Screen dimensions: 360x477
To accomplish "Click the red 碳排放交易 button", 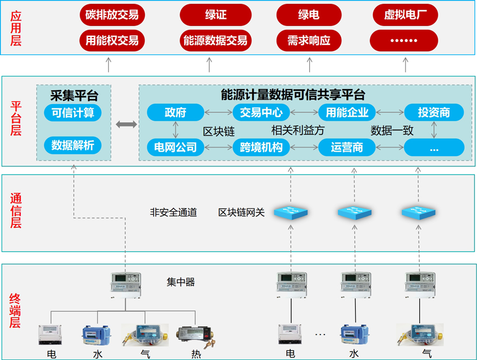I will [112, 15].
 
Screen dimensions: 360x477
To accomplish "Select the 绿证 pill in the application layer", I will [215, 15].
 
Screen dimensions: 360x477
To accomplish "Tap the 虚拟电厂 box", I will [403, 15].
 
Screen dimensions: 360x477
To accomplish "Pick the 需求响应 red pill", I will [309, 40].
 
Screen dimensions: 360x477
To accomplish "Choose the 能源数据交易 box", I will [215, 40].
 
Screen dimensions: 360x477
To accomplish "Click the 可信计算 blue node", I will [72, 112].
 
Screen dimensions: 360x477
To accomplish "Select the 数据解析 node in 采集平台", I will [72, 146].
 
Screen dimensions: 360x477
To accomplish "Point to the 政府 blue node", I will [175, 112].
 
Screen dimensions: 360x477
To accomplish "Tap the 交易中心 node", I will [261, 112].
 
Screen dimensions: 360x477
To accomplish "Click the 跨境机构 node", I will [261, 148].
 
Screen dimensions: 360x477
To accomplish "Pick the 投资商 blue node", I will [434, 112].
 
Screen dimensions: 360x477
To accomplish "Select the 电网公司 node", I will [175, 148].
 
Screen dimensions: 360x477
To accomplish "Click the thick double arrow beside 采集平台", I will [126, 124].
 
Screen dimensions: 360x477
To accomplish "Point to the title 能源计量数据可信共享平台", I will [293, 94].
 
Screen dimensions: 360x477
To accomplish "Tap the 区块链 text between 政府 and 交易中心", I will [218, 131].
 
